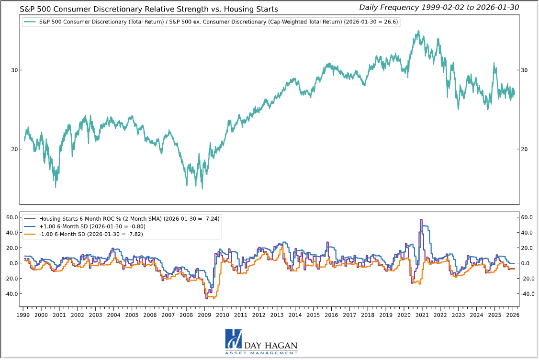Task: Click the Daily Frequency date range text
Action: point(438,7)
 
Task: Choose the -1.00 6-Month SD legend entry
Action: point(91,234)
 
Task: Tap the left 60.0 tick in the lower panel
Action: point(11,217)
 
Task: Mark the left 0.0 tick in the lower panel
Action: point(13,263)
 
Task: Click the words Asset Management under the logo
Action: point(261,353)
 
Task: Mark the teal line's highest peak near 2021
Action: point(418,31)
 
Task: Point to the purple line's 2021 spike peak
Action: point(421,220)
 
